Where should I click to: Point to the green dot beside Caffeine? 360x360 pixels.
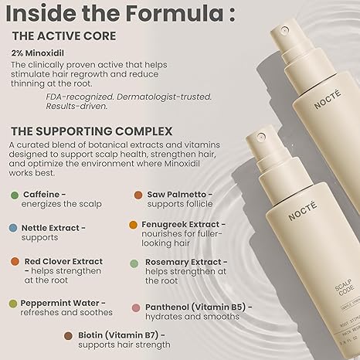[x=15, y=196]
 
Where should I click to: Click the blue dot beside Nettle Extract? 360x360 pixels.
[x=15, y=229]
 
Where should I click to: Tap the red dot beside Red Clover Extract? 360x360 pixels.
[x=15, y=262]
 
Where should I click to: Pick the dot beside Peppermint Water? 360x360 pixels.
[x=15, y=303]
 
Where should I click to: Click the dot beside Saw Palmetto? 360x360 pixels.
[x=139, y=196]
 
